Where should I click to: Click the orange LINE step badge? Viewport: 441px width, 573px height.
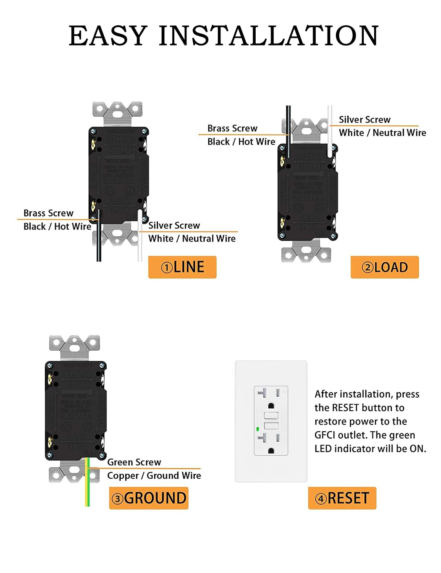(x=182, y=267)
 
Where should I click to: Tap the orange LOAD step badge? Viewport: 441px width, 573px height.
(x=384, y=267)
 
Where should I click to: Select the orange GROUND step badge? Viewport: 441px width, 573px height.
(x=149, y=498)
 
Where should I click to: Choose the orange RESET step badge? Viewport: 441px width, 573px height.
(x=342, y=498)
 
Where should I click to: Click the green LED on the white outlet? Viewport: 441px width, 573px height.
(x=258, y=429)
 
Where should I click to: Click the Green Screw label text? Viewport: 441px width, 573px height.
(x=134, y=462)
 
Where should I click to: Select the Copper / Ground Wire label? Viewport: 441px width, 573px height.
(x=154, y=476)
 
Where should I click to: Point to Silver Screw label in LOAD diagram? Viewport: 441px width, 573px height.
(x=365, y=120)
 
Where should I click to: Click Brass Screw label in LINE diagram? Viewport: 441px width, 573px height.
(x=48, y=213)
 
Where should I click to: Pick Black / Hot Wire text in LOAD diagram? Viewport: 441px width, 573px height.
(x=241, y=142)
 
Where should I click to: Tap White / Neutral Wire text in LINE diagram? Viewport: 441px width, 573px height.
(x=192, y=239)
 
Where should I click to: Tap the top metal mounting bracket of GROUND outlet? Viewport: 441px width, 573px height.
(x=75, y=347)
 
